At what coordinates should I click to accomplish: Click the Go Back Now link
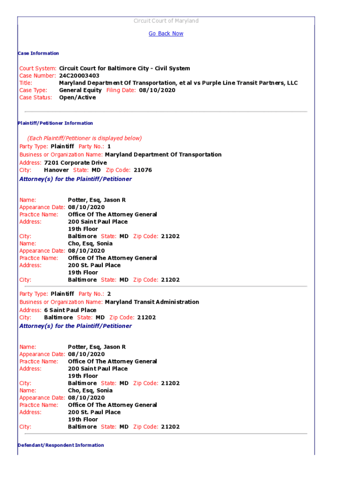[166, 34]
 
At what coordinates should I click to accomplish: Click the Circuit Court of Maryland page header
[166, 21]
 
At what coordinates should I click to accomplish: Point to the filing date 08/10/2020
[157, 90]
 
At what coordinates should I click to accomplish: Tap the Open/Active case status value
[77, 98]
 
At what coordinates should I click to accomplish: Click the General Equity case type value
[80, 90]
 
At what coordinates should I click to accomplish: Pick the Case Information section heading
[38, 53]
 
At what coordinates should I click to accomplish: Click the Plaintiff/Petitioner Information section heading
[55, 123]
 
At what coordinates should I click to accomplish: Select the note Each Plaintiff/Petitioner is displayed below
[84, 138]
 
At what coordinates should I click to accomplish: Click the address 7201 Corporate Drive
[75, 163]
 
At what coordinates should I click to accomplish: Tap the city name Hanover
[56, 170]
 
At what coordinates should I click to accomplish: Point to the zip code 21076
[143, 170]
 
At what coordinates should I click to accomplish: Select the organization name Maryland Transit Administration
[152, 302]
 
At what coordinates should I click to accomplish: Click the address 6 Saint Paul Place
[70, 310]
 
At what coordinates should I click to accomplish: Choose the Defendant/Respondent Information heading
[61, 445]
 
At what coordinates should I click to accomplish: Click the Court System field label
[38, 68]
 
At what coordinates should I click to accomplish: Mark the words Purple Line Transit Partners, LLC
[253, 83]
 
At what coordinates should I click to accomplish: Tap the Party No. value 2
[109, 294]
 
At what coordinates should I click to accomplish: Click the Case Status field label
[35, 98]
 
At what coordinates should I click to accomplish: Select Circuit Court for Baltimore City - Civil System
[124, 68]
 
